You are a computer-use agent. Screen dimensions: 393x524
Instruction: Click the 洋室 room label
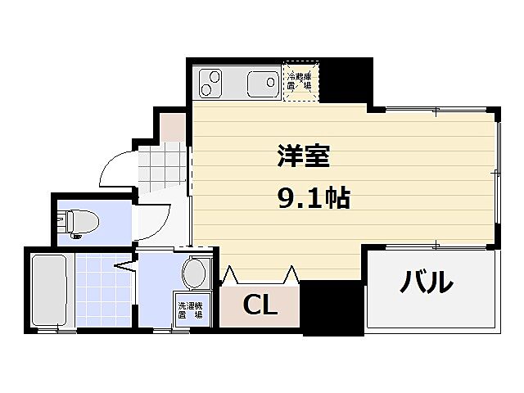[297, 156]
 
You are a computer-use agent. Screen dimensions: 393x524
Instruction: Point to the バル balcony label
[426, 282]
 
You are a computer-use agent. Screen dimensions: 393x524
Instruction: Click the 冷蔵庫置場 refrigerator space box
[300, 81]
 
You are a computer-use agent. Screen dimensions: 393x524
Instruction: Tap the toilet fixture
[80, 222]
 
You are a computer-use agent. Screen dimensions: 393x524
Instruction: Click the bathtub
[50, 291]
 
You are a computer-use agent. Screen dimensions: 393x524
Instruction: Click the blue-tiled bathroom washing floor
[103, 291]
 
